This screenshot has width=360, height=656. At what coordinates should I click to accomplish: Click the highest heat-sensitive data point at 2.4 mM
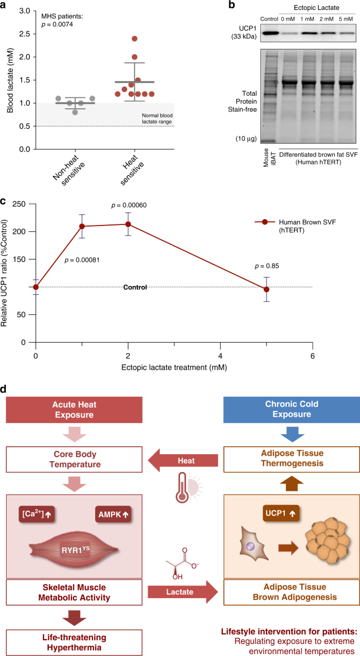135,38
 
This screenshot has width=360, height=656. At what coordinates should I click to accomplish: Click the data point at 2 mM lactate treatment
128,224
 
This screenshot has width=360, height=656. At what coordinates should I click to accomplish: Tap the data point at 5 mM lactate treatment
266,289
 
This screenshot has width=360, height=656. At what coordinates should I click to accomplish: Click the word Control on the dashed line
135,287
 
